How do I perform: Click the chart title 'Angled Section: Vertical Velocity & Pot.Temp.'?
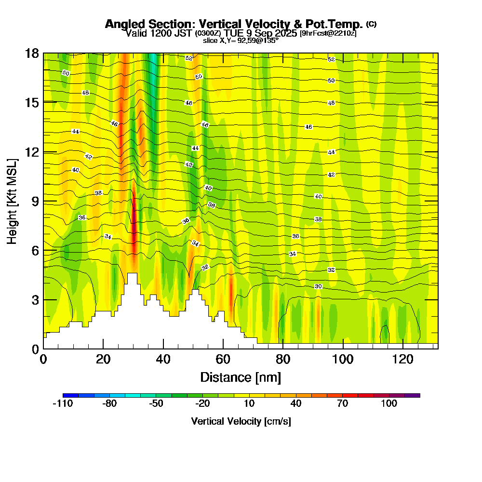pyautogui.click(x=234, y=24)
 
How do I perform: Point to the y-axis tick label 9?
pyautogui.click(x=35, y=201)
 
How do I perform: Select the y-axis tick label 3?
pyautogui.click(x=35, y=300)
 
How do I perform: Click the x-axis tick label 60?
pyautogui.click(x=223, y=359)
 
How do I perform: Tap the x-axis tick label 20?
pyautogui.click(x=103, y=359)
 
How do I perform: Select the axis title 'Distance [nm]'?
pyautogui.click(x=241, y=376)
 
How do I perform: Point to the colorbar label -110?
pyautogui.click(x=62, y=404)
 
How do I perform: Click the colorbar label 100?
pyautogui.click(x=389, y=404)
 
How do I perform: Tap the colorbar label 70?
pyautogui.click(x=342, y=404)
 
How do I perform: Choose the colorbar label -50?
pyautogui.click(x=156, y=404)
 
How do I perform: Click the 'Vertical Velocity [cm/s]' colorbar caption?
pyautogui.click(x=241, y=421)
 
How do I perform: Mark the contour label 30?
pyautogui.click(x=318, y=287)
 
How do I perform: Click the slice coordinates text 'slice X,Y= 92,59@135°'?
pyautogui.click(x=241, y=40)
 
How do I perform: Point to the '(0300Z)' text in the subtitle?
pyautogui.click(x=208, y=33)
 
